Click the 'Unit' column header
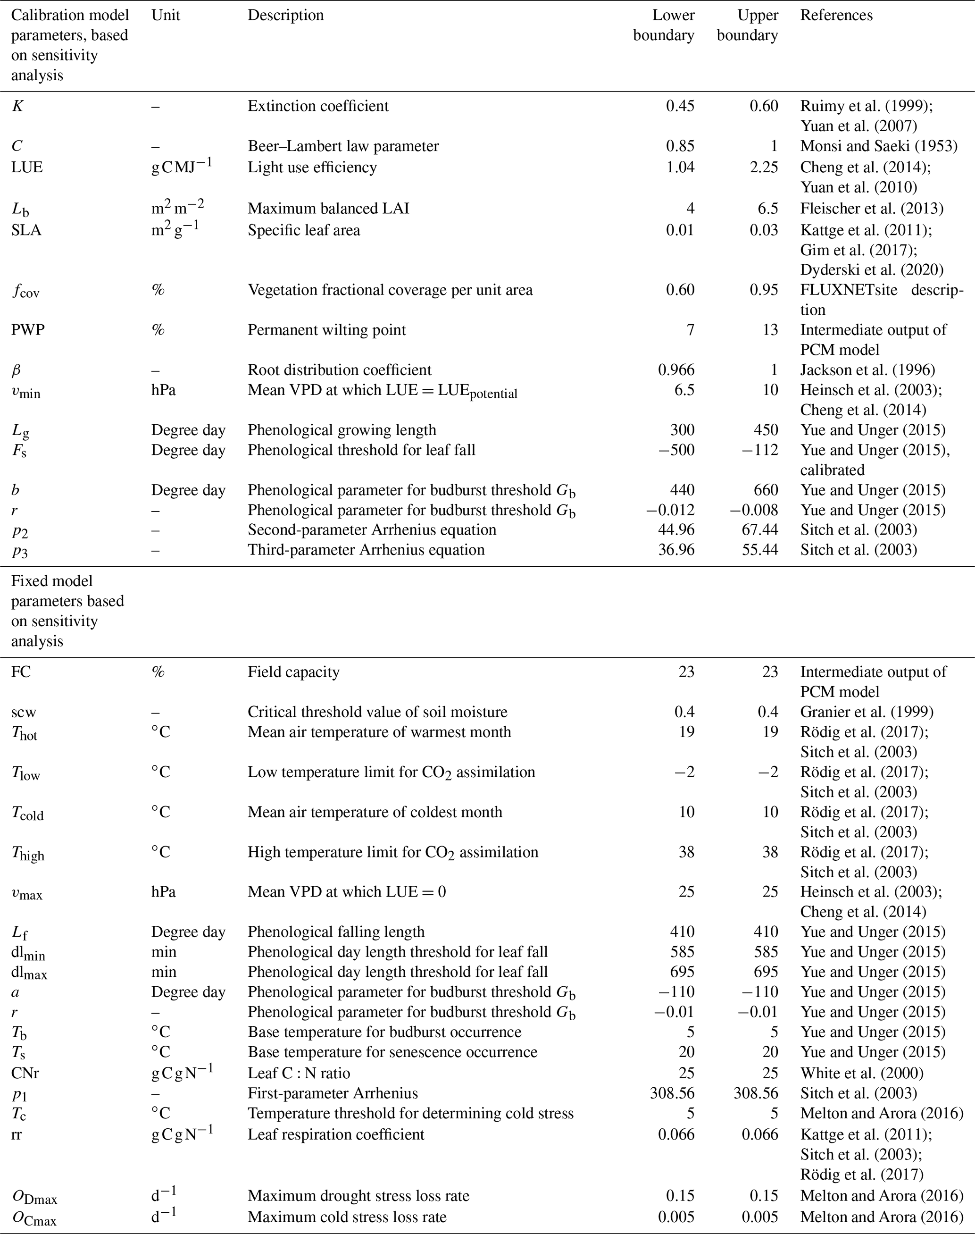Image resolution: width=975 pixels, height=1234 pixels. pos(166,16)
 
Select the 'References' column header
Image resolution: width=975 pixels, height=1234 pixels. pos(836,16)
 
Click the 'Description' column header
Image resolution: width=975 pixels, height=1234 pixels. pos(285,16)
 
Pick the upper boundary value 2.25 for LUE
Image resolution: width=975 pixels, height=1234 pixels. pos(764,168)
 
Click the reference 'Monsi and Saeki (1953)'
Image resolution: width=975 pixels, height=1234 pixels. pos(878,146)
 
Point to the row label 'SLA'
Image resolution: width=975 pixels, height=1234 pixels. pos(26,230)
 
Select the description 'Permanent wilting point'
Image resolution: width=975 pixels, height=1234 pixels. pos(326,330)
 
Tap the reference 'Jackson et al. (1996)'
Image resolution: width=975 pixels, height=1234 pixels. pos(867,370)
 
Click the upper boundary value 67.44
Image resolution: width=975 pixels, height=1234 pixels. pos(760,530)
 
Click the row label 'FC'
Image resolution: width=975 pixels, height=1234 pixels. pos(21,672)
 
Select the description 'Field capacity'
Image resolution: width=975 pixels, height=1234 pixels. pos(293,672)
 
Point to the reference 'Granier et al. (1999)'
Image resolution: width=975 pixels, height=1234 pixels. pos(867,712)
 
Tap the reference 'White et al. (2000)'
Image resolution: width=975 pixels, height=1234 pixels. pos(862,1073)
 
